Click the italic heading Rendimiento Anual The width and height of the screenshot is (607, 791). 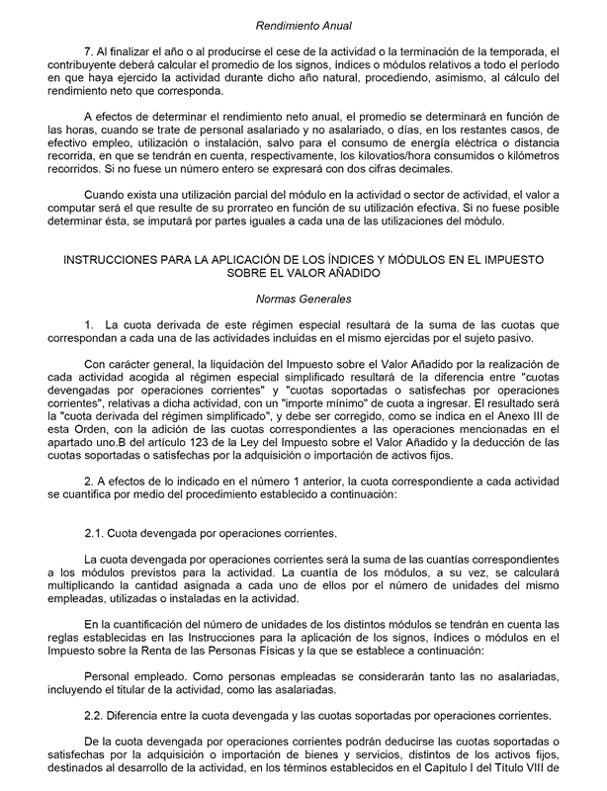point(303,25)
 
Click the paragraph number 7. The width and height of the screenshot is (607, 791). point(90,50)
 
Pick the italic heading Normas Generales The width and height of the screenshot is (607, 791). point(303,298)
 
